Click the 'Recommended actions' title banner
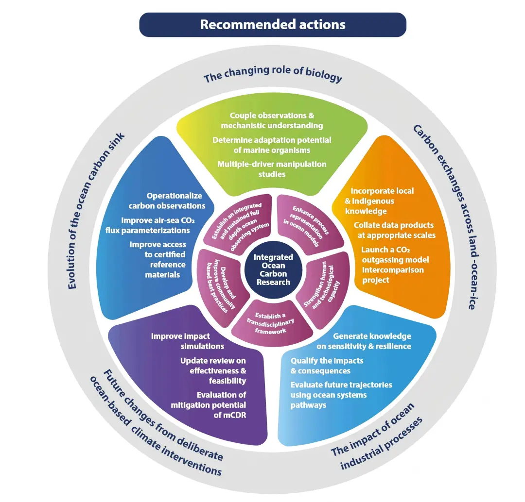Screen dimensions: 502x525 click(x=273, y=25)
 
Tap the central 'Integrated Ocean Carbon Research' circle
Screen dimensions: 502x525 click(x=273, y=269)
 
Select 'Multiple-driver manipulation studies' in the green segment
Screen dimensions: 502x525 click(x=272, y=168)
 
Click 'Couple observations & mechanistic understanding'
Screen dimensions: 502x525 click(x=272, y=120)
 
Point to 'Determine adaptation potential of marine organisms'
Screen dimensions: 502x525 click(x=272, y=145)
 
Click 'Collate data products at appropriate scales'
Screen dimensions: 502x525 click(x=393, y=230)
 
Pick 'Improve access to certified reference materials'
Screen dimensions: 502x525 click(x=158, y=259)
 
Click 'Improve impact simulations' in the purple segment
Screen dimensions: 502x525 click(x=187, y=341)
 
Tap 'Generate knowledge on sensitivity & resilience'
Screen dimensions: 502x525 click(x=372, y=341)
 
